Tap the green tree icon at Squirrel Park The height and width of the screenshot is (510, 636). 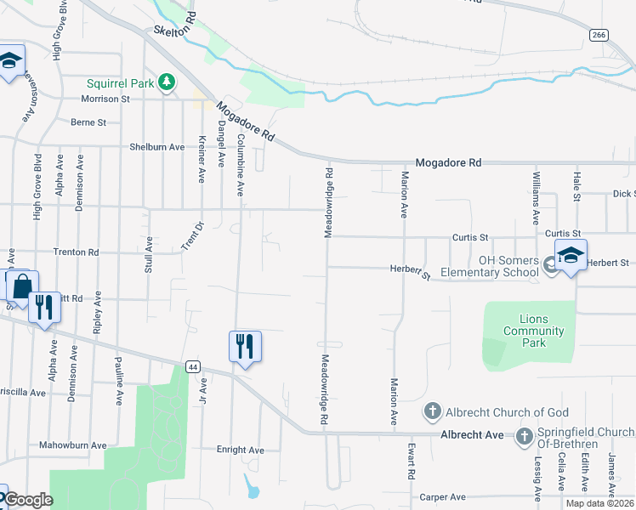point(168,82)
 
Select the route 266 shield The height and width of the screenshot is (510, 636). point(599,34)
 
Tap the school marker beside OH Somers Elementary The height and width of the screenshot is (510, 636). point(571,255)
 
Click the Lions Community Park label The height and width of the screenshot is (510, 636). point(533,331)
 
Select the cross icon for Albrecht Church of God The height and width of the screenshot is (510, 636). point(432,412)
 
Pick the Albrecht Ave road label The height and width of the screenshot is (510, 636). point(472,434)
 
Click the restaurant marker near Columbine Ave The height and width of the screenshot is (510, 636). point(245,346)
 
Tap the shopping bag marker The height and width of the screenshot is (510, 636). point(22,286)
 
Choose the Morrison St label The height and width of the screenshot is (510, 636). point(105,99)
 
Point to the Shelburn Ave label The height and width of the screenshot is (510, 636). point(157,146)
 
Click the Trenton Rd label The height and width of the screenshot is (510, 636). point(77,252)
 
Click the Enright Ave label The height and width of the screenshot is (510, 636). point(241,450)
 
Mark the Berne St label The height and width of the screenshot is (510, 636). point(88,122)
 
